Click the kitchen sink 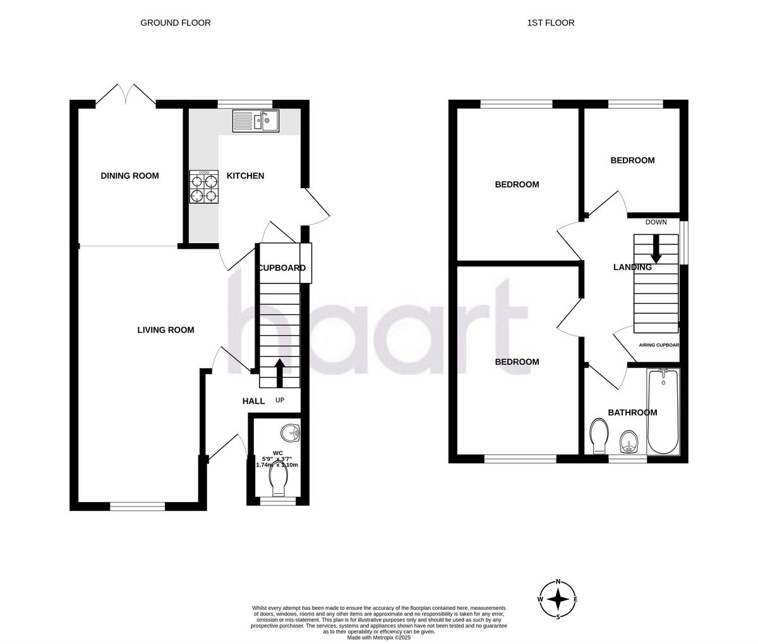point(256,121)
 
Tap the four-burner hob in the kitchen point(205,188)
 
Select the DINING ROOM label point(129,176)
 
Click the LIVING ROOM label point(165,330)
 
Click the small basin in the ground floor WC point(291,433)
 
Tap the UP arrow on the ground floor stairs point(279,373)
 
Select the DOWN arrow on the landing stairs point(656,249)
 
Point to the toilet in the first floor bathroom point(598,436)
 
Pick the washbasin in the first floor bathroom point(629,441)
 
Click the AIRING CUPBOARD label point(658,345)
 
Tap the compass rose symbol point(558,599)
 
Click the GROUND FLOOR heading point(175,23)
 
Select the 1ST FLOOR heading point(551,23)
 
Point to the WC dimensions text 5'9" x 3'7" point(277,458)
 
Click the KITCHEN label point(245,176)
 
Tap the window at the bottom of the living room point(137,506)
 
